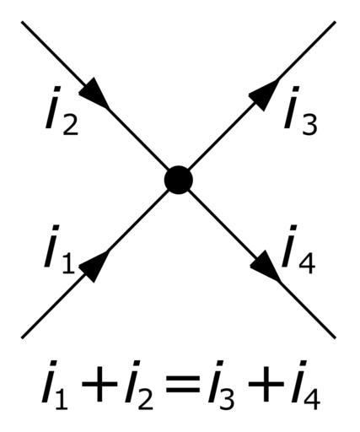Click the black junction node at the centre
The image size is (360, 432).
click(x=179, y=180)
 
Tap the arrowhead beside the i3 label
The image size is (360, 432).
click(x=263, y=94)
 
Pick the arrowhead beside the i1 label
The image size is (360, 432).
click(x=94, y=266)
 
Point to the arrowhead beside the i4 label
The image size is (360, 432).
click(x=265, y=266)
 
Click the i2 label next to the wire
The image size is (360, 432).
click(x=62, y=111)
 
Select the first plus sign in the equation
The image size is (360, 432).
click(x=99, y=386)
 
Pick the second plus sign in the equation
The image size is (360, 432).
click(x=266, y=386)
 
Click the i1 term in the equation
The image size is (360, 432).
click(x=55, y=385)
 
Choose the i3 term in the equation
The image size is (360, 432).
click(x=221, y=385)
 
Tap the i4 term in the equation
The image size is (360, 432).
click(x=306, y=385)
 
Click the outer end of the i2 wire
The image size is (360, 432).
click(x=22, y=22)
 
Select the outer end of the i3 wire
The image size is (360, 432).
click(x=335, y=22)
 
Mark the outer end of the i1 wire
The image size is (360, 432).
click(x=22, y=337)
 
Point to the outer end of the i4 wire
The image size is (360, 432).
click(x=335, y=337)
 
